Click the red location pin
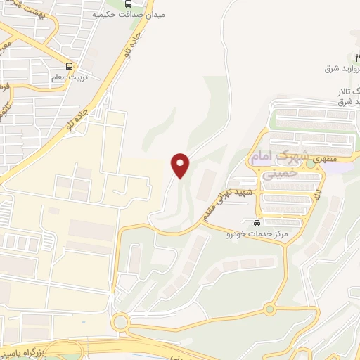pos(181,165)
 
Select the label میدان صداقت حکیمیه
pos(126,13)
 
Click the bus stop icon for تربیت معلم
pos(69,60)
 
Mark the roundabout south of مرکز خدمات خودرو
pos(269,309)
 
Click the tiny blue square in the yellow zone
pos(83,323)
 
